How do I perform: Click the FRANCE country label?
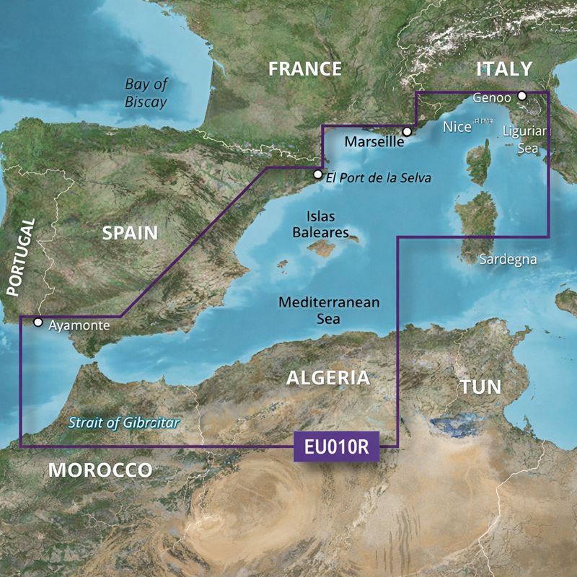305,69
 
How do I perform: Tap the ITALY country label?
504,69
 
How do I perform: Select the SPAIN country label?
130,232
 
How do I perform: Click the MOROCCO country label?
100,471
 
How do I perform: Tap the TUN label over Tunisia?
481,387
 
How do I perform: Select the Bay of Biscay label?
146,93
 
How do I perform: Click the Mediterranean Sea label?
329,311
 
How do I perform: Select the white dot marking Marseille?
407,132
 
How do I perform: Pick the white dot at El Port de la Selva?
318,174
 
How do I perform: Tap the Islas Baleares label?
327,224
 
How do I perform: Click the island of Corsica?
478,162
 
